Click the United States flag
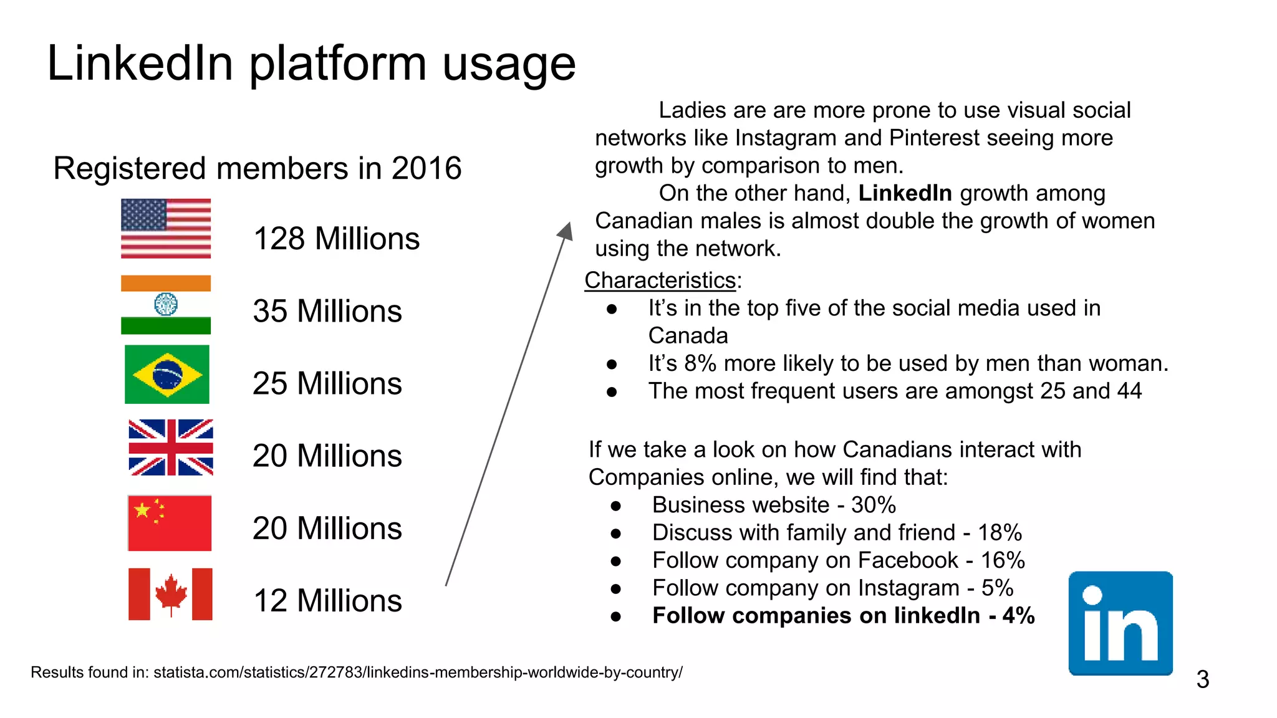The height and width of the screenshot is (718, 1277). (x=166, y=228)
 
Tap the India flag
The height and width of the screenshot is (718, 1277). (x=166, y=305)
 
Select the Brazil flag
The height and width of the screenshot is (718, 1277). (x=167, y=375)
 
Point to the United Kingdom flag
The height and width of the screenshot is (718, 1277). (x=171, y=448)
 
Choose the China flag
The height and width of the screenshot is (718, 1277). (x=170, y=523)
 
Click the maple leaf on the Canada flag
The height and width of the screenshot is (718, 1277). (x=171, y=594)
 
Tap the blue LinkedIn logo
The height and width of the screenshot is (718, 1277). (x=1120, y=623)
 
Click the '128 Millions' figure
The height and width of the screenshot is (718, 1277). (x=337, y=239)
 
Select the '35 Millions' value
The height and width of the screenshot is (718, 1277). (x=327, y=311)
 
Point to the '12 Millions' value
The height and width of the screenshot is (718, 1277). (x=327, y=601)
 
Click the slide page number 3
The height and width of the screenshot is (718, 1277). (x=1203, y=679)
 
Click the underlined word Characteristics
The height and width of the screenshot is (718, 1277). (x=660, y=280)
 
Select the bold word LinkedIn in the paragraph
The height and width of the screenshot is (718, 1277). (x=905, y=193)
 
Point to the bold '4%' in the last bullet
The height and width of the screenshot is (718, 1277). (x=1019, y=616)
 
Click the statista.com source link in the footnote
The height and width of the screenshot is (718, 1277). (x=418, y=673)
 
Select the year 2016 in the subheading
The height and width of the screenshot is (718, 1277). (x=426, y=168)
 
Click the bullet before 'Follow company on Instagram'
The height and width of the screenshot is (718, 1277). (x=616, y=588)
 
